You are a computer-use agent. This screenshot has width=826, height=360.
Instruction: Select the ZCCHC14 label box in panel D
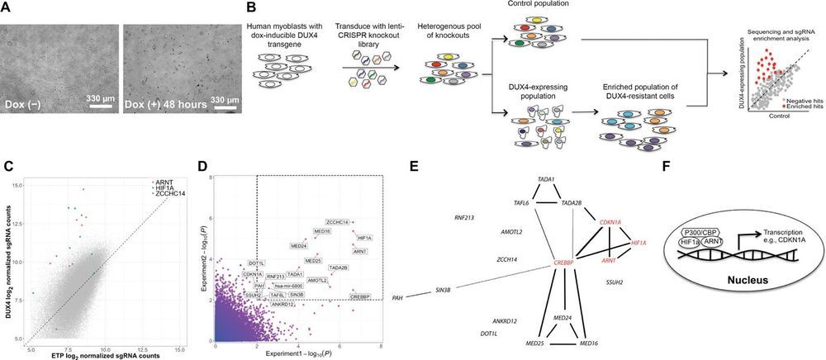pyautogui.click(x=337, y=221)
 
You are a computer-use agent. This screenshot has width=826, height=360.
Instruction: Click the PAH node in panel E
pyautogui.click(x=397, y=297)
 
